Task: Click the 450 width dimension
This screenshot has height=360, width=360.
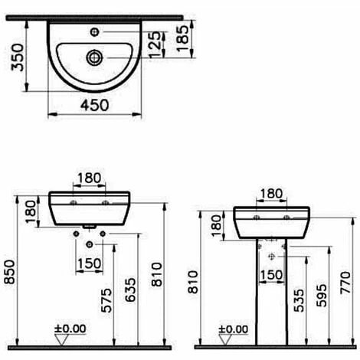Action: pyautogui.click(x=95, y=105)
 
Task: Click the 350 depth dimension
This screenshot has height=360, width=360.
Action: pyautogui.click(x=17, y=57)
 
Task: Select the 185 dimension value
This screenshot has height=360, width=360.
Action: pyautogui.click(x=183, y=38)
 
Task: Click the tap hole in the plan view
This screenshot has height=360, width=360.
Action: pyautogui.click(x=95, y=32)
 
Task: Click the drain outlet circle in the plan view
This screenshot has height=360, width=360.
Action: pyautogui.click(x=94, y=57)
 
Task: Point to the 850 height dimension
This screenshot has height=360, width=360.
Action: pyautogui.click(x=9, y=272)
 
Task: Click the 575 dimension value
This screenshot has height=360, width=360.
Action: pyautogui.click(x=106, y=300)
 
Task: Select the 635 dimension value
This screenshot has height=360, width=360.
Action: pyautogui.click(x=130, y=290)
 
